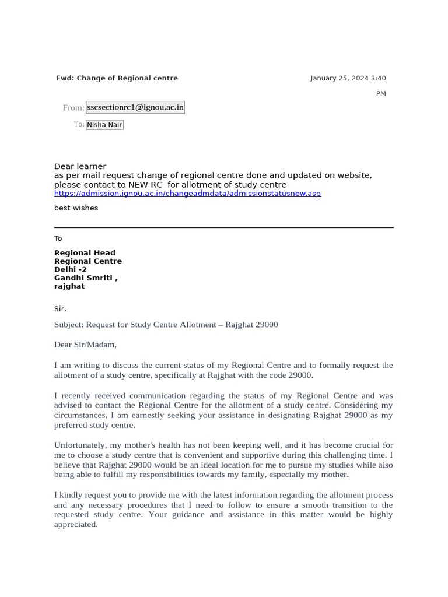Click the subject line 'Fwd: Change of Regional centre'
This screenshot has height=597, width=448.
pyautogui.click(x=117, y=78)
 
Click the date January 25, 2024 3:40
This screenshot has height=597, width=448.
pyautogui.click(x=348, y=78)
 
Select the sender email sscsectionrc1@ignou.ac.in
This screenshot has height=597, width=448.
pyautogui.click(x=135, y=107)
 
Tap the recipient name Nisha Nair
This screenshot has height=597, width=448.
pyautogui.click(x=104, y=125)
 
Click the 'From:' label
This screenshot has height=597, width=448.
pyautogui.click(x=73, y=108)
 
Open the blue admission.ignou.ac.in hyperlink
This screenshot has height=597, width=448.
pyautogui.click(x=187, y=194)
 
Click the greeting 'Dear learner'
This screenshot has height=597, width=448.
pyautogui.click(x=80, y=167)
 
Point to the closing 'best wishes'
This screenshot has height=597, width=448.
pyautogui.click(x=76, y=208)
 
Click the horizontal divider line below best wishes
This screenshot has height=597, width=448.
pyautogui.click(x=224, y=227)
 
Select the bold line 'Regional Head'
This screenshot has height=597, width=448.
pyautogui.click(x=85, y=253)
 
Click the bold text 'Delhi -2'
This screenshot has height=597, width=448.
pyautogui.click(x=70, y=270)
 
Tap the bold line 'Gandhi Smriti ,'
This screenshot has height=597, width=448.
pyautogui.click(x=86, y=278)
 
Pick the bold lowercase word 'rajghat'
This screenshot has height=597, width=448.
pyautogui.click(x=69, y=286)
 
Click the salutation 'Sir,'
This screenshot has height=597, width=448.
pyautogui.click(x=60, y=309)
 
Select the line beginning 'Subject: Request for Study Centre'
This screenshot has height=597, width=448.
pyautogui.click(x=166, y=325)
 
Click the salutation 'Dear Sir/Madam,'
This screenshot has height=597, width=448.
pyautogui.click(x=85, y=345)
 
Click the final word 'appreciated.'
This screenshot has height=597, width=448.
pyautogui.click(x=76, y=524)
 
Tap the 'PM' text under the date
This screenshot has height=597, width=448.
pyautogui.click(x=380, y=94)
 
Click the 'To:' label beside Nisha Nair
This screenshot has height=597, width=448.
pyautogui.click(x=79, y=124)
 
